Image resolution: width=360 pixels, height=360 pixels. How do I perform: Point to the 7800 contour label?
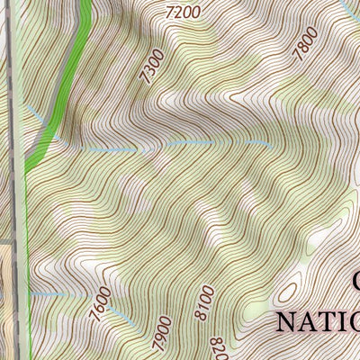pyautogui.click(x=306, y=44)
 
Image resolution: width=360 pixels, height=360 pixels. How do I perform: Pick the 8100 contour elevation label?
pyautogui.click(x=204, y=302)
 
